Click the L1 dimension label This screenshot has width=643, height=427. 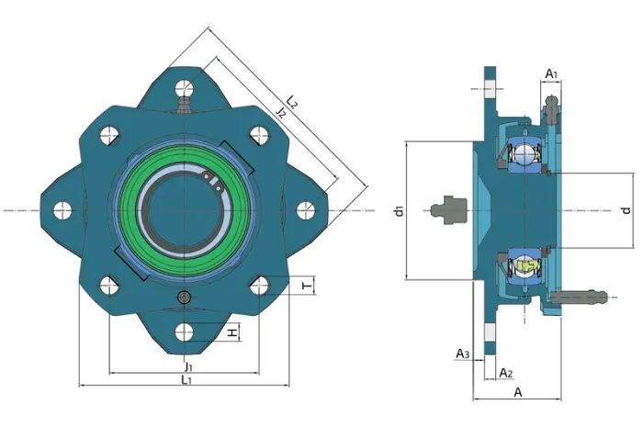click(x=186, y=379)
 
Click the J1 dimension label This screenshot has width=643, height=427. click(x=188, y=365)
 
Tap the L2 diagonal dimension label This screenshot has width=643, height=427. click(x=292, y=101)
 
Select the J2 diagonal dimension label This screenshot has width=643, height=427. click(x=280, y=111)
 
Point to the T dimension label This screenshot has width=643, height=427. click(x=307, y=286)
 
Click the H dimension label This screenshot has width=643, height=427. click(x=233, y=332)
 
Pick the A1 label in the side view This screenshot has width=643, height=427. click(x=551, y=74)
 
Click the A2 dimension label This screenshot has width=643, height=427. click(x=506, y=373)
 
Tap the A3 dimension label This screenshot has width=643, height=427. click(x=463, y=354)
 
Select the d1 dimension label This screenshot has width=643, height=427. click(x=399, y=211)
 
